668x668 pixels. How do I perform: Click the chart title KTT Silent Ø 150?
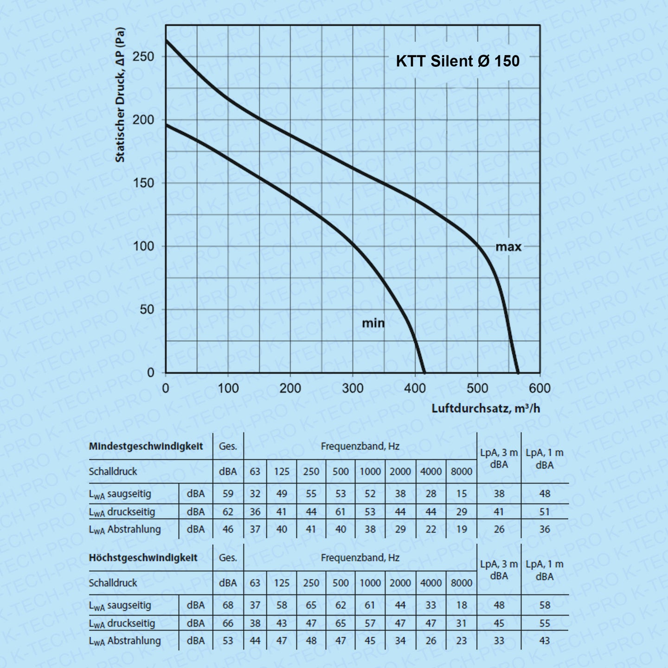[457, 61]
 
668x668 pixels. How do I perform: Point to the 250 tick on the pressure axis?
[143, 57]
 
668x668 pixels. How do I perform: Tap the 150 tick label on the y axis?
[143, 183]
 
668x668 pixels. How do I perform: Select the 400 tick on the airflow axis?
[415, 388]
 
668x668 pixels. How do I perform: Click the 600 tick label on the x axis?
[540, 388]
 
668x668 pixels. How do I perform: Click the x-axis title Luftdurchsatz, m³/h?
[486, 408]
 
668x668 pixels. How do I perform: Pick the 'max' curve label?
[508, 247]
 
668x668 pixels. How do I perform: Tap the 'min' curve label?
[373, 323]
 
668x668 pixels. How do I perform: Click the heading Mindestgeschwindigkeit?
[146, 447]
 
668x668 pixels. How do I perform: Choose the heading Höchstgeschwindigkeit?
[143, 558]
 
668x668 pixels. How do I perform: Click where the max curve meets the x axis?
[518, 372]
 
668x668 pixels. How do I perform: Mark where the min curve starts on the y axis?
[166, 125]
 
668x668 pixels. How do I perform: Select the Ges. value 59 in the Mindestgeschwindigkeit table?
[228, 494]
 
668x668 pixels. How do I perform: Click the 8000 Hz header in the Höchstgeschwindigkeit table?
[462, 583]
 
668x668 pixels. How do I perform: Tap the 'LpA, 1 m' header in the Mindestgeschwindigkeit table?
[545, 458]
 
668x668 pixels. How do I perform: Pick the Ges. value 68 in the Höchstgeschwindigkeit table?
[228, 605]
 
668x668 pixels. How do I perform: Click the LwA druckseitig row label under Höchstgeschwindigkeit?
[122, 623]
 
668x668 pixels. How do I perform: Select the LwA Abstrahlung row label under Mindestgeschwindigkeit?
[125, 529]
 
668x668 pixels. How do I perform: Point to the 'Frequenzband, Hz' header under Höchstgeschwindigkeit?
[360, 558]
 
